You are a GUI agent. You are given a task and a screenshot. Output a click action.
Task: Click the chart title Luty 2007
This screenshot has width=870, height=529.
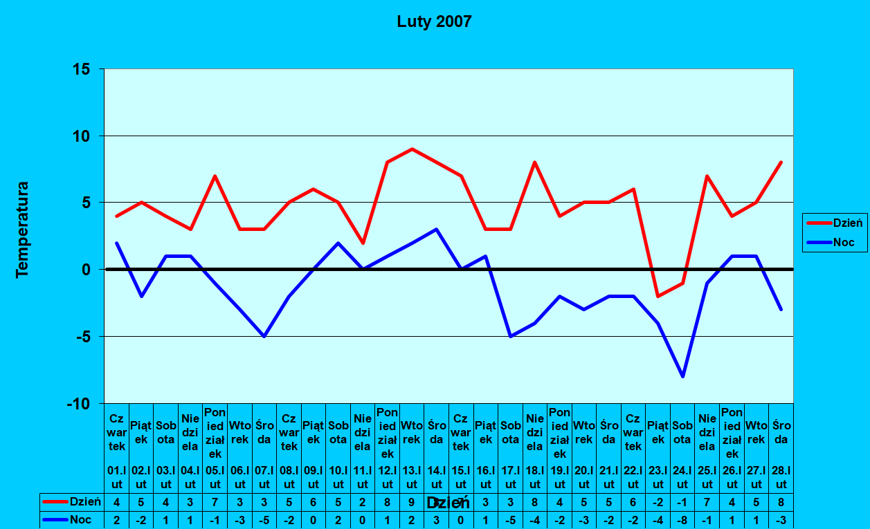(434, 21)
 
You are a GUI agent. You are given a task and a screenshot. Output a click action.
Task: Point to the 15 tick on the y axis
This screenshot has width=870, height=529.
(82, 69)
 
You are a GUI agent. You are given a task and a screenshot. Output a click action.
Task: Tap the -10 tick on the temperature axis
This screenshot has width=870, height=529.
(78, 403)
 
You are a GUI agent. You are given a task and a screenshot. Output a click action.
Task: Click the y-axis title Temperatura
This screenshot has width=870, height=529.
(23, 230)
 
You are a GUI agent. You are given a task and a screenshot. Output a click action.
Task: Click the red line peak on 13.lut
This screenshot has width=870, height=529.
(412, 149)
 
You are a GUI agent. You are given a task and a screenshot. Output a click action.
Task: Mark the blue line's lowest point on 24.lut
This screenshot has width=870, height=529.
(682, 376)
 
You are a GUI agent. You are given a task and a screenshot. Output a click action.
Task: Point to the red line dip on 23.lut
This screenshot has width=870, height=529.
(658, 296)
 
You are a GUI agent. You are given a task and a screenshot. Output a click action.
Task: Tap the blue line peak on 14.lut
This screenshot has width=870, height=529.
(437, 229)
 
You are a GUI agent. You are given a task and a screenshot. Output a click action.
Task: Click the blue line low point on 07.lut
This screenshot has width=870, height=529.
(264, 336)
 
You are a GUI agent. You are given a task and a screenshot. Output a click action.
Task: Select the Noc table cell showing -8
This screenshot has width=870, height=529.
(682, 519)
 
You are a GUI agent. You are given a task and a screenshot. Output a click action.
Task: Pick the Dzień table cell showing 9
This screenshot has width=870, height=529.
(412, 502)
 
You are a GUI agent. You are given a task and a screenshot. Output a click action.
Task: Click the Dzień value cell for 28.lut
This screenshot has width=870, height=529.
(781, 502)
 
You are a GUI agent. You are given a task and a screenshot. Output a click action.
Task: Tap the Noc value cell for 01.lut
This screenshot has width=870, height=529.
(116, 519)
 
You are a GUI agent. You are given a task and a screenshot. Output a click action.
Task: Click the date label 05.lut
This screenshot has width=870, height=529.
(215, 478)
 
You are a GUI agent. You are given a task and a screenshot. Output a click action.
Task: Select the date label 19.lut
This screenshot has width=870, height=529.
(559, 478)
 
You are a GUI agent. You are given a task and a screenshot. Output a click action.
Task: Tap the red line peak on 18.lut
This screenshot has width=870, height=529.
(535, 162)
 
